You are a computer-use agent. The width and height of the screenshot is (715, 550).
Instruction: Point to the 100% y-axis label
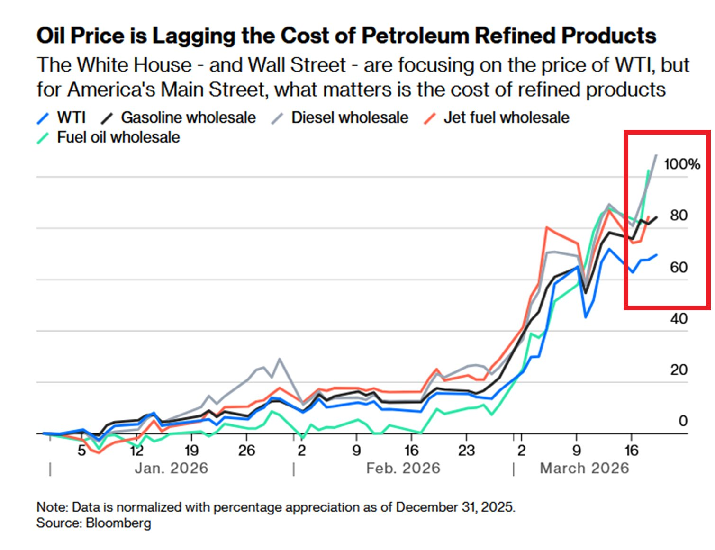682,164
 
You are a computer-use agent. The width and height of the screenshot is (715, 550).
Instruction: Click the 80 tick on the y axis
679,216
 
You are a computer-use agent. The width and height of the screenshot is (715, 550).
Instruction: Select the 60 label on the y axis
679,267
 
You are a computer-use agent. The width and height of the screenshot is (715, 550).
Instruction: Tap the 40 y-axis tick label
679,318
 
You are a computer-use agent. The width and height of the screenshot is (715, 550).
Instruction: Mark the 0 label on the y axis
683,421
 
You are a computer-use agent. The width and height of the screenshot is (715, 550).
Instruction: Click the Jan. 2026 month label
171,468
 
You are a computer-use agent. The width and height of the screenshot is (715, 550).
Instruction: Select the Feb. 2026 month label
403,468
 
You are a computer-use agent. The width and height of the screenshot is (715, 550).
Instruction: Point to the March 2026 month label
584,468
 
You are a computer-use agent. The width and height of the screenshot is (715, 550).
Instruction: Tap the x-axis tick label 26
246,450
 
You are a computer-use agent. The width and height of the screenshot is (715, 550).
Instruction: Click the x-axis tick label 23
466,450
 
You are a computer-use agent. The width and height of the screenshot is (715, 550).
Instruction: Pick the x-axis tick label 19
191,450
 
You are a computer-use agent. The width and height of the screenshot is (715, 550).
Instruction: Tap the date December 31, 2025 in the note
454,507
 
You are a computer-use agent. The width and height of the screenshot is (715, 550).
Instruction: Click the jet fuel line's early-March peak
547,227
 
